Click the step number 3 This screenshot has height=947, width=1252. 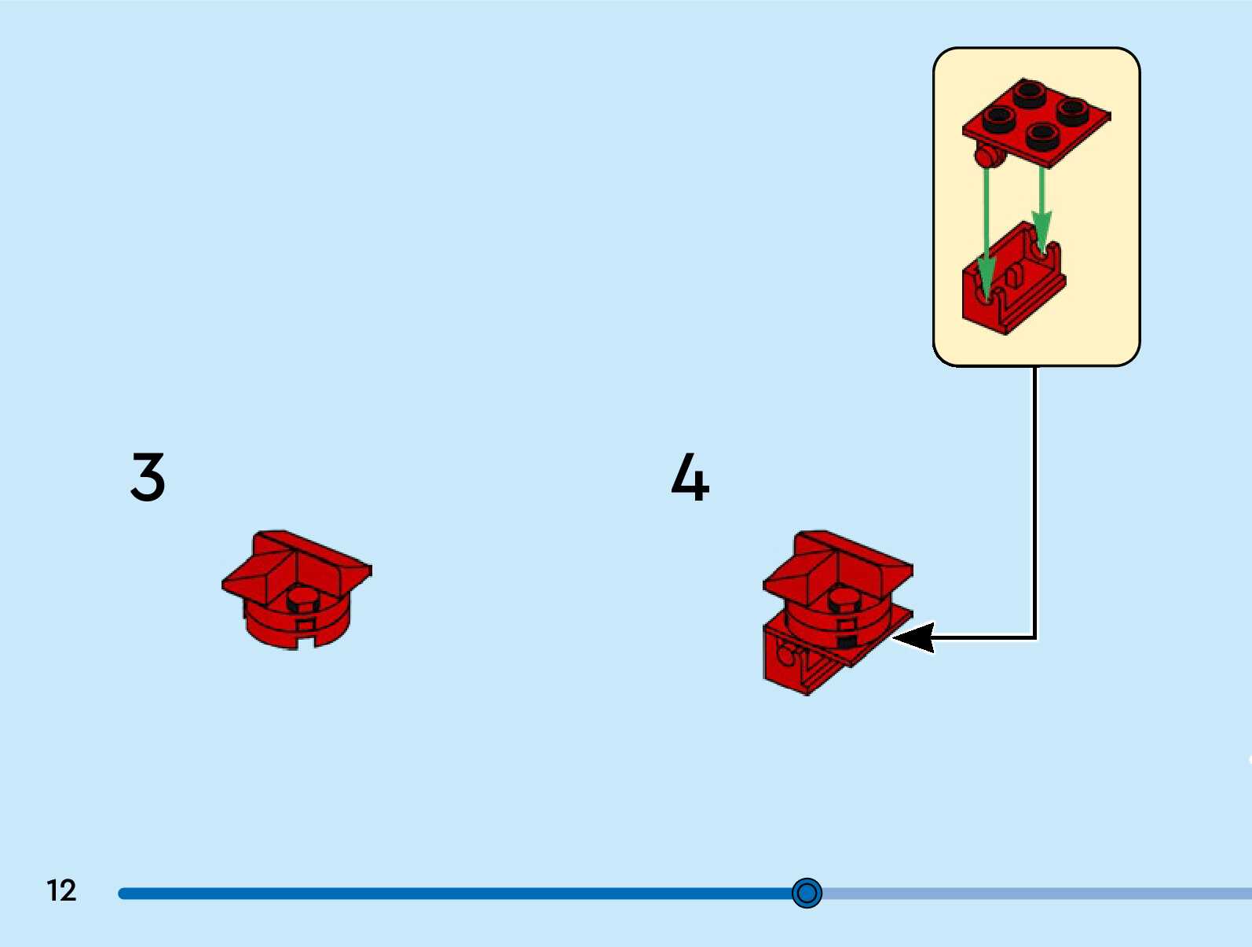[148, 476]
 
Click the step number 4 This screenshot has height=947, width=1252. [690, 476]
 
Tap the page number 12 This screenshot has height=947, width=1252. [61, 890]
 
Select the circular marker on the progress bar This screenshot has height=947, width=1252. [807, 893]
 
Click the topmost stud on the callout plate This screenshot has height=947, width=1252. [1028, 94]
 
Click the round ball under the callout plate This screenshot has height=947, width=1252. [987, 156]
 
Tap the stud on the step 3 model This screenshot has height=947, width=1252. [303, 599]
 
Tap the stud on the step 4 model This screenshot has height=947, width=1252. [845, 599]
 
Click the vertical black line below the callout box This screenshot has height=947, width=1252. [1034, 503]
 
